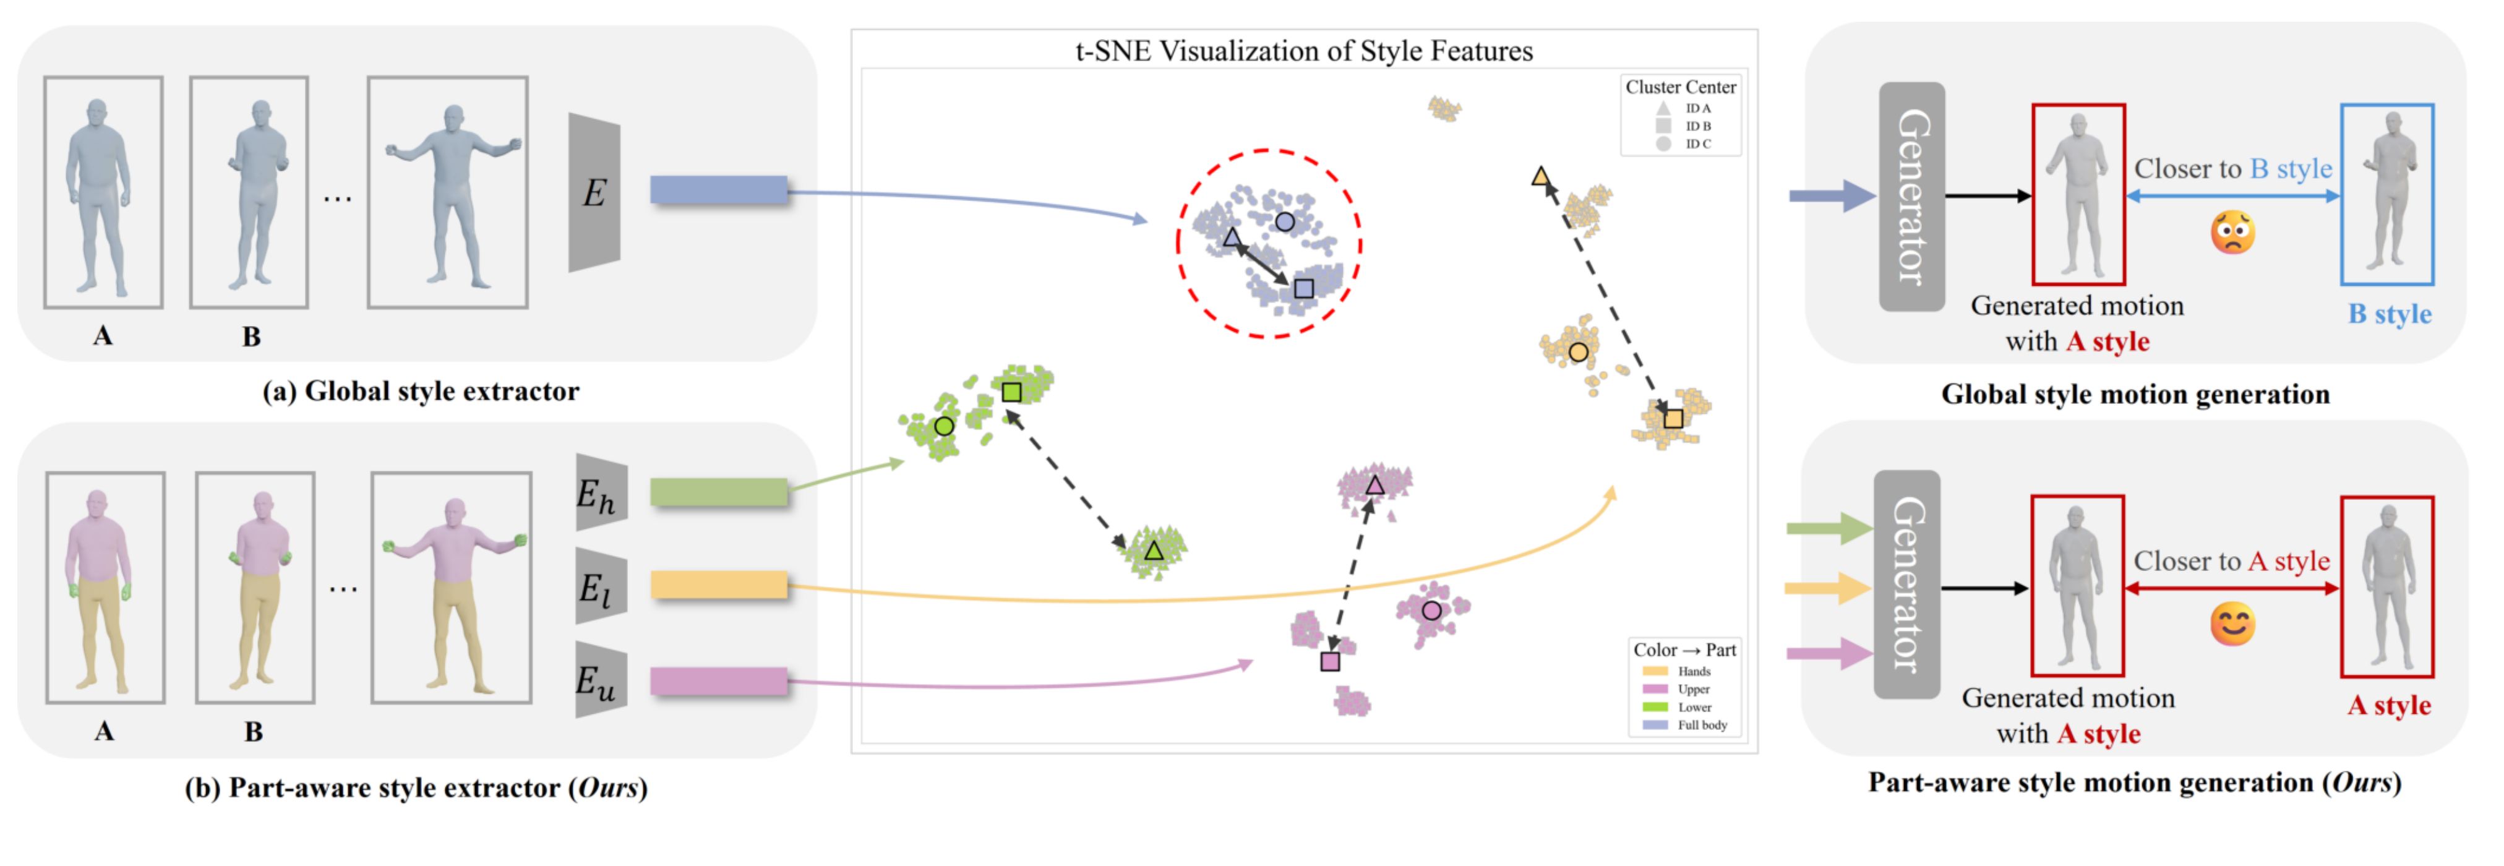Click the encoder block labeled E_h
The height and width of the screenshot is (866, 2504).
(x=600, y=493)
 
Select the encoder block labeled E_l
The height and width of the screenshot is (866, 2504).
(x=600, y=586)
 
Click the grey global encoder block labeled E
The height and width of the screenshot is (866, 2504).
(x=594, y=192)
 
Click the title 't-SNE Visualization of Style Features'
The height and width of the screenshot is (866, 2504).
(x=1303, y=51)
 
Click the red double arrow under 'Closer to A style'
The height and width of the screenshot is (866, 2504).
(x=2232, y=588)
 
